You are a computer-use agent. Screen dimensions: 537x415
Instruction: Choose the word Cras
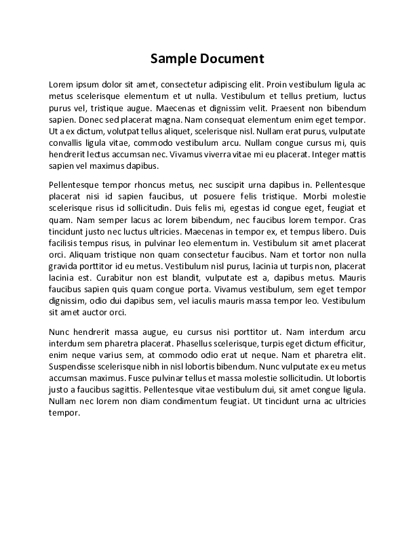coord(358,218)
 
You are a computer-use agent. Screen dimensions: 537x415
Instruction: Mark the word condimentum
coord(175,400)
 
